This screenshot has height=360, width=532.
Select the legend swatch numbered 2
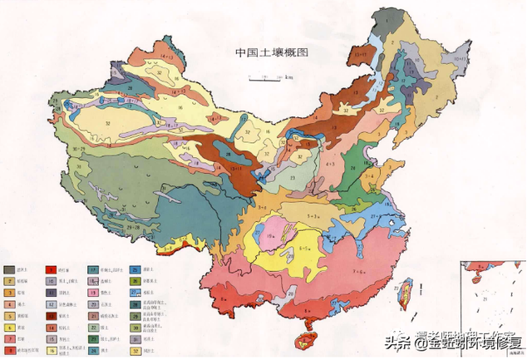pyautogui.click(x=10, y=281)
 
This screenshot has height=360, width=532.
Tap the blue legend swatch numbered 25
pyautogui.click(x=135, y=269)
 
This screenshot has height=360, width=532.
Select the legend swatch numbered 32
pyautogui.click(x=135, y=350)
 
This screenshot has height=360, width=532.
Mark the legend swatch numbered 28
pyautogui.click(x=135, y=304)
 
